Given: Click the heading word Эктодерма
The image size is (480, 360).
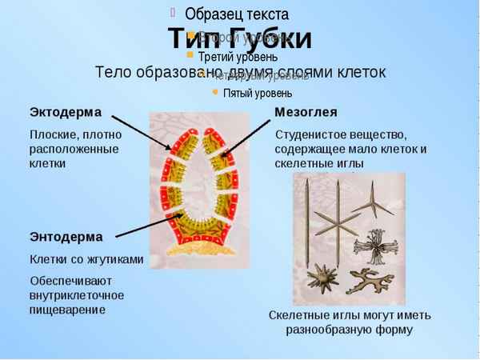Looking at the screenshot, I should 65,111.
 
